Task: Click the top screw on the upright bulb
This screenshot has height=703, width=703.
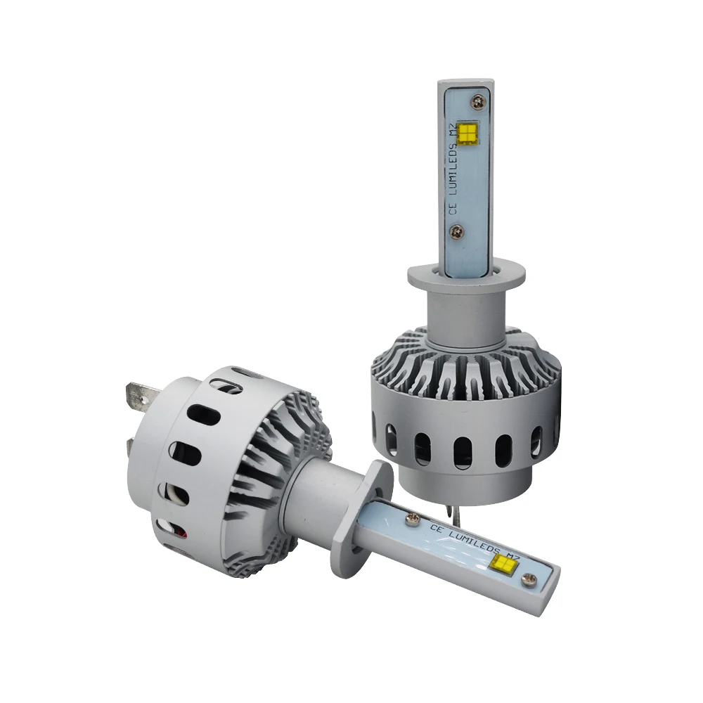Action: [478, 102]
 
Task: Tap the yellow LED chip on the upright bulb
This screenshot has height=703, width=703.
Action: [466, 134]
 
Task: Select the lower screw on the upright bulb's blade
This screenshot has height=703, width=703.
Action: [457, 232]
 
